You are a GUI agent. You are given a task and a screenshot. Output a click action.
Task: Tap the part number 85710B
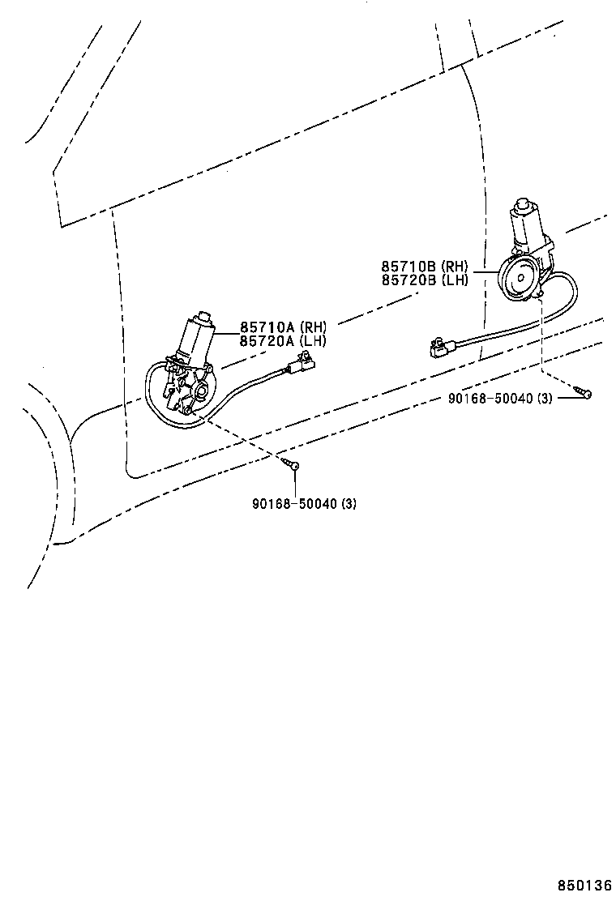click(409, 267)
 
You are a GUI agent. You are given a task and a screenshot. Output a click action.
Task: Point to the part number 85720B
click(409, 280)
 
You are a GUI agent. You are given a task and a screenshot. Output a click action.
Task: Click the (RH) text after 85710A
click(313, 328)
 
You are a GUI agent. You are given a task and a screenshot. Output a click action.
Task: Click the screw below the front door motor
click(293, 465)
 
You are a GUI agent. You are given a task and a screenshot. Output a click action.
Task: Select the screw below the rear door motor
click(584, 394)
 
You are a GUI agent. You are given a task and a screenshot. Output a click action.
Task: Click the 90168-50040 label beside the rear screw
click(490, 398)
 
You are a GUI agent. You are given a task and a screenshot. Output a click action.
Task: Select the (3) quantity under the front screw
click(348, 503)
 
